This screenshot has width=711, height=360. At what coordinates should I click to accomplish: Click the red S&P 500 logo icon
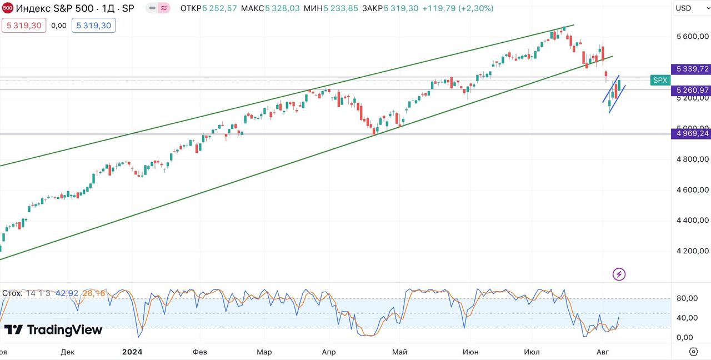click(8, 8)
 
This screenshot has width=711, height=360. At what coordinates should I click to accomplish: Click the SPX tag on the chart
click(660, 80)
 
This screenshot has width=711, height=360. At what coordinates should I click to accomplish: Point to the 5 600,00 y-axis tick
click(692, 37)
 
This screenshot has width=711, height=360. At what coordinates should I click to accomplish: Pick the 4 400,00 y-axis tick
click(692, 220)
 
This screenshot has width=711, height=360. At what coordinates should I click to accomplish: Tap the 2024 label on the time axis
click(132, 352)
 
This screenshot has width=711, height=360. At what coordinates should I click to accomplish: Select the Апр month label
click(329, 352)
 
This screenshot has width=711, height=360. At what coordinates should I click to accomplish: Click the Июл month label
click(532, 352)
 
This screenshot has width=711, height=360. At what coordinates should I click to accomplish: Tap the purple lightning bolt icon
click(619, 274)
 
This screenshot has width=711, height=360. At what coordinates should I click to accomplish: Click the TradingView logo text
click(54, 330)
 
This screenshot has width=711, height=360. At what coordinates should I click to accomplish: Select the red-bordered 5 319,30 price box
click(24, 25)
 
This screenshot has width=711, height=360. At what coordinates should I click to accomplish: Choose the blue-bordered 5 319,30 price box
click(93, 25)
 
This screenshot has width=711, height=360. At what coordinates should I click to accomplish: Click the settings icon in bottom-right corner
click(693, 351)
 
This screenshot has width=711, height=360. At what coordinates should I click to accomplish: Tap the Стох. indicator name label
click(12, 293)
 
